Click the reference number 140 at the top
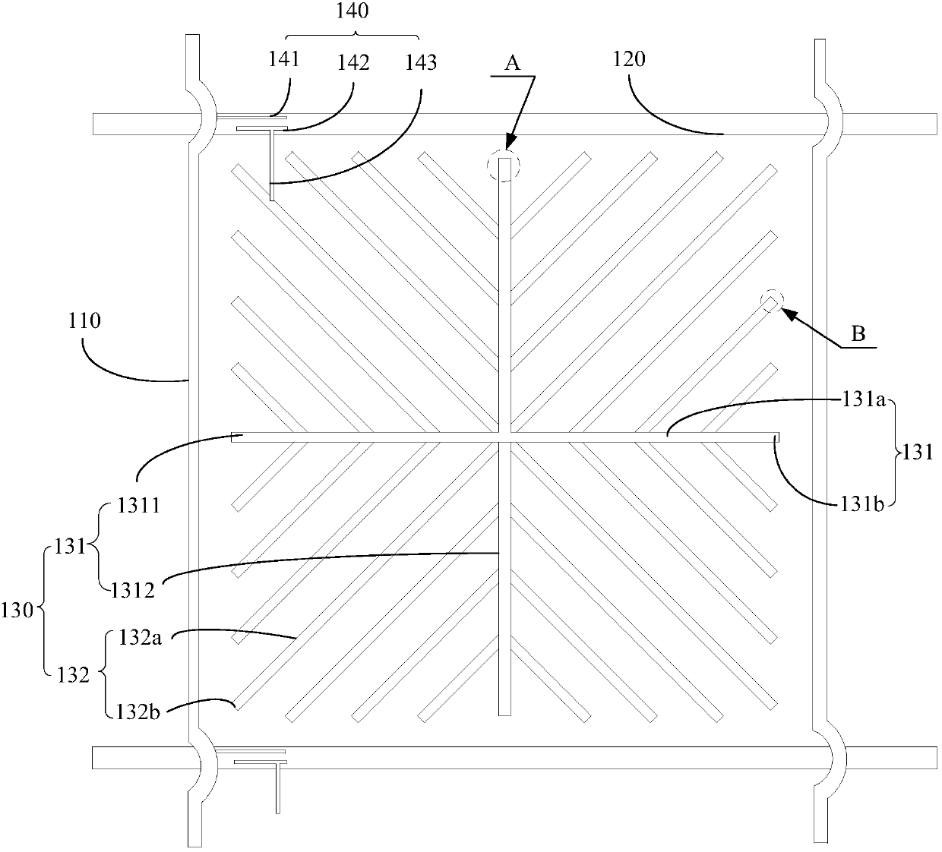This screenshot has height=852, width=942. pos(352,11)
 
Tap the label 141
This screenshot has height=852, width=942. pos(284,60)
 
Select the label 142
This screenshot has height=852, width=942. pos(352,62)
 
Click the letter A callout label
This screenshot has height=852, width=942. pos(513,64)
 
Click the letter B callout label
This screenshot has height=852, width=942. pos(858,335)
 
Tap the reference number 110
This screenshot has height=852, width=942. pos(84,321)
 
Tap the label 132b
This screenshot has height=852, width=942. pos(138,712)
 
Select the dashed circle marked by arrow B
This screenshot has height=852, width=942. pos(772,302)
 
